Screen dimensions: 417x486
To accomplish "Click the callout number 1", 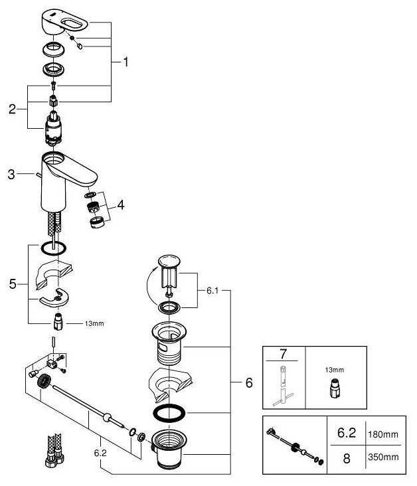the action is click(125, 62).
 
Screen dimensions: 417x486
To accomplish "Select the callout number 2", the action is click(12, 109).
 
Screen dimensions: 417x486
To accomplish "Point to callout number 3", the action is click(11, 174).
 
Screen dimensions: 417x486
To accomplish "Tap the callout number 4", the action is click(121, 204).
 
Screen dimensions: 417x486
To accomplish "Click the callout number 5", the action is click(13, 284).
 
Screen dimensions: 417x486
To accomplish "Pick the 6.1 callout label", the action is click(212, 290).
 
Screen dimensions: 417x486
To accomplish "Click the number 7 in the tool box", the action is click(283, 354).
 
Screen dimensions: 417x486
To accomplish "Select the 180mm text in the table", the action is click(383, 434).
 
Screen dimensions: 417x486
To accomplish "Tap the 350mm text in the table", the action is click(383, 457).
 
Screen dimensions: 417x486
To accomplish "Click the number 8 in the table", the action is click(347, 458).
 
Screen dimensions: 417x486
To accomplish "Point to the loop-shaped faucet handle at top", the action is click(64, 23).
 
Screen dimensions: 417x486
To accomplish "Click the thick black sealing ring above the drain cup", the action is click(169, 413).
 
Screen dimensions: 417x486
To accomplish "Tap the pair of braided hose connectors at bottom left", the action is click(55, 451).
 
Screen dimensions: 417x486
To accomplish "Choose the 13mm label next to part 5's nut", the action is click(94, 323).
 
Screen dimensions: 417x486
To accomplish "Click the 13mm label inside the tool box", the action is click(335, 370).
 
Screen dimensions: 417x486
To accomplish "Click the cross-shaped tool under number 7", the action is click(283, 386).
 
